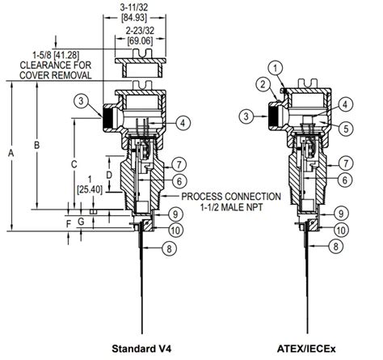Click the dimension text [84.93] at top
134,18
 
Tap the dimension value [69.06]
140,41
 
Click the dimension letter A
11,153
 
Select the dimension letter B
36,145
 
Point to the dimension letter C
74,164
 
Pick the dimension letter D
109,176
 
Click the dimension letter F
69,223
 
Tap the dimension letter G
81,222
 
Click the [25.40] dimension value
90,190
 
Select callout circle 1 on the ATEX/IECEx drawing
276,69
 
